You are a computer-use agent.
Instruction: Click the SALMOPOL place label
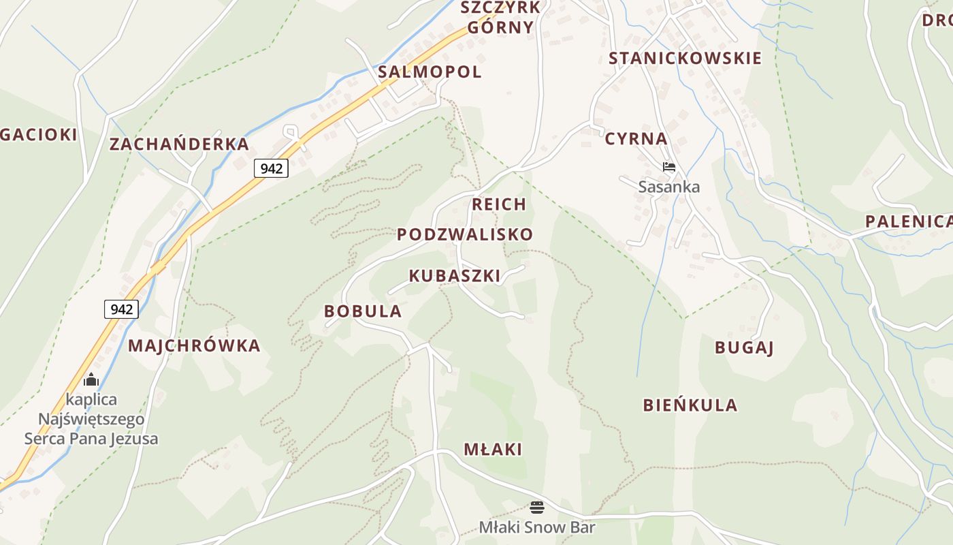coord(430,72)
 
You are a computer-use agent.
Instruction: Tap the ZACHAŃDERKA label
coord(179,144)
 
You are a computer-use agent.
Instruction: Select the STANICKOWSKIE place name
coord(685,59)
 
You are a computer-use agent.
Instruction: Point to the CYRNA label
coord(636,139)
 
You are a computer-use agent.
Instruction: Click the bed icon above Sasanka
coord(669,167)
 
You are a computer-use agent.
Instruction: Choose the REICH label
coord(499,204)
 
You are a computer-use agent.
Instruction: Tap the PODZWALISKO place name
coord(465,234)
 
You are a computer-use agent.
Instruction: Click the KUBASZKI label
coord(454,276)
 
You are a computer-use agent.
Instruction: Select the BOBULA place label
coord(363,311)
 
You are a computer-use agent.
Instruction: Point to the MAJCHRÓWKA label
coord(194,345)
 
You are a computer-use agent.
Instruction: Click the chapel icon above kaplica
coord(91,379)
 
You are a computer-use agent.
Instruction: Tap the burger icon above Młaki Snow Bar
coord(537,508)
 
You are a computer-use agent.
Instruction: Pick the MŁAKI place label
coord(493,450)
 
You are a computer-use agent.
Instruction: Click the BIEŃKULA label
coord(690,405)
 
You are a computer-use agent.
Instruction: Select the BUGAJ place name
coord(744,347)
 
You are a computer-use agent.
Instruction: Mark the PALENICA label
coord(908,221)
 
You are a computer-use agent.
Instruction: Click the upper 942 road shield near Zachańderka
coord(271,168)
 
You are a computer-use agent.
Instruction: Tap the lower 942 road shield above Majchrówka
coord(121,309)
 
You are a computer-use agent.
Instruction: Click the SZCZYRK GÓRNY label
coord(500,18)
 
